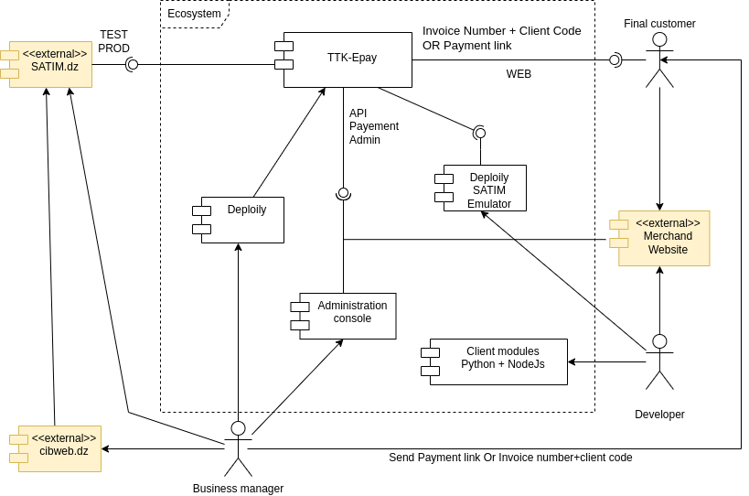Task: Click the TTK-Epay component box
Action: [x=348, y=59]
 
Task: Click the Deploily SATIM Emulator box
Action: [x=485, y=189]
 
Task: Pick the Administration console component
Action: [x=348, y=316]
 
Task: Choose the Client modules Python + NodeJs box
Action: [x=498, y=361]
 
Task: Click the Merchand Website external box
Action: [x=664, y=238]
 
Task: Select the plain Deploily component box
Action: [x=242, y=220]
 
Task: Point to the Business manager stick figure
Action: [x=238, y=448]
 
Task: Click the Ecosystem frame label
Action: [x=194, y=14]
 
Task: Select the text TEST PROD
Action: [x=114, y=42]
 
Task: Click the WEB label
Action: [x=519, y=74]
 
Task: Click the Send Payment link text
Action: [x=510, y=458]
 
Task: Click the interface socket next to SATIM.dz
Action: [x=132, y=64]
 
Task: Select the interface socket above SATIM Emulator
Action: [x=479, y=133]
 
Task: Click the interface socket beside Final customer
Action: [x=615, y=59]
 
